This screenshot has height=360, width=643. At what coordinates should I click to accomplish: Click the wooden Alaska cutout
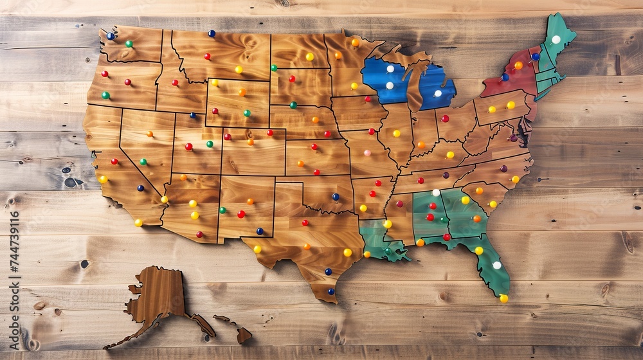(x=158, y=299)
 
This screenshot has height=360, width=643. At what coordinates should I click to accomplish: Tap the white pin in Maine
(x=556, y=39)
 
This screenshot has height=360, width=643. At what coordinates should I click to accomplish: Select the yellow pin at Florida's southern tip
(x=503, y=298)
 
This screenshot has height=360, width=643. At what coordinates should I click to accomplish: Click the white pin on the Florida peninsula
(x=496, y=265)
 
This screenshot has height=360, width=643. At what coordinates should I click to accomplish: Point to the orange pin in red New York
(x=518, y=65)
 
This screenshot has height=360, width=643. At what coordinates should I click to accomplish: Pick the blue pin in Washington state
(x=111, y=36)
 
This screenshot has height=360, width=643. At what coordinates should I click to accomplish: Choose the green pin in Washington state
(x=129, y=44)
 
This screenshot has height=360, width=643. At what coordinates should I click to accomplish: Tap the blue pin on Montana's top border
(x=212, y=33)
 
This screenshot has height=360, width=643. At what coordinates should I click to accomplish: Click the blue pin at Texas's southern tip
(x=331, y=291)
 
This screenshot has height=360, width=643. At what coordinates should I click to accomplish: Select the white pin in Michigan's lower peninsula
(x=438, y=93)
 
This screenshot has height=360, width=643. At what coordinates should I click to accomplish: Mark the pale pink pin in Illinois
(x=367, y=153)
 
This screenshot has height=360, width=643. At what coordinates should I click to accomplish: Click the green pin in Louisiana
(x=387, y=251)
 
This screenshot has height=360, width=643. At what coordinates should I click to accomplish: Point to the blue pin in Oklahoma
(x=335, y=197)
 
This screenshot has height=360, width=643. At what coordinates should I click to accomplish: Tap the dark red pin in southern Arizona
(x=199, y=234)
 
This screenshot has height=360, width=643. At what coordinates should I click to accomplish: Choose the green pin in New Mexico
(x=222, y=210)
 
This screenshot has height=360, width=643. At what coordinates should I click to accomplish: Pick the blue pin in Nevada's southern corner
(x=141, y=188)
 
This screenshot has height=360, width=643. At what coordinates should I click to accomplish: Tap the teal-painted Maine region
(x=554, y=39)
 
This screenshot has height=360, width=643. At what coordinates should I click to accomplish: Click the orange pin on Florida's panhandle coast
(x=421, y=242)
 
